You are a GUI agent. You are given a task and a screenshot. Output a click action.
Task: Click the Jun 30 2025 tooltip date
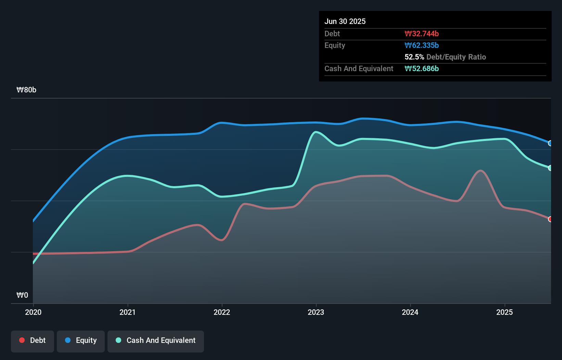(x=345, y=21)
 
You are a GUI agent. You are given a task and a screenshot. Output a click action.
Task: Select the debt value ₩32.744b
(x=421, y=34)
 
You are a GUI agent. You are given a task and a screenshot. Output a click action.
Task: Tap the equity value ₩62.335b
(x=421, y=45)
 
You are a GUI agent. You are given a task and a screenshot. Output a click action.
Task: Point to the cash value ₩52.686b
(x=421, y=68)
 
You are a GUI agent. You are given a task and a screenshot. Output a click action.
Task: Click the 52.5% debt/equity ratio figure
(x=414, y=57)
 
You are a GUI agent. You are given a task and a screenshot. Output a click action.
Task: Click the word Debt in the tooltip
(x=332, y=34)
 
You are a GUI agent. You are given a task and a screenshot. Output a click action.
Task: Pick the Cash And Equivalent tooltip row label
(x=359, y=68)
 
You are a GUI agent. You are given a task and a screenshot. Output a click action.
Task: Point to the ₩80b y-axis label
(x=26, y=90)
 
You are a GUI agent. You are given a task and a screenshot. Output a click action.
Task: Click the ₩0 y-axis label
(x=22, y=295)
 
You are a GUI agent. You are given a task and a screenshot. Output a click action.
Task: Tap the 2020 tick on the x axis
(x=33, y=312)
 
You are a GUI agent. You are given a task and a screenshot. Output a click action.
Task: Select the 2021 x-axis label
(x=127, y=312)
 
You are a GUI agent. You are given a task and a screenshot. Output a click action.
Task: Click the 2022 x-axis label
(x=222, y=312)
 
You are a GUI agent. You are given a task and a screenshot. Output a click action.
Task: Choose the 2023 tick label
(x=316, y=312)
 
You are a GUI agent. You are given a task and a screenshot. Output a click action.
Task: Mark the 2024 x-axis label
(x=410, y=312)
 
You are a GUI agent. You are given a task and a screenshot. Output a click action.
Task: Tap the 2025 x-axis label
(x=504, y=312)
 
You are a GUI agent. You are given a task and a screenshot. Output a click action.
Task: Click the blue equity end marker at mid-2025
(x=550, y=143)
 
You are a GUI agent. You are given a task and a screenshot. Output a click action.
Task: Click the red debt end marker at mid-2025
(x=550, y=219)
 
